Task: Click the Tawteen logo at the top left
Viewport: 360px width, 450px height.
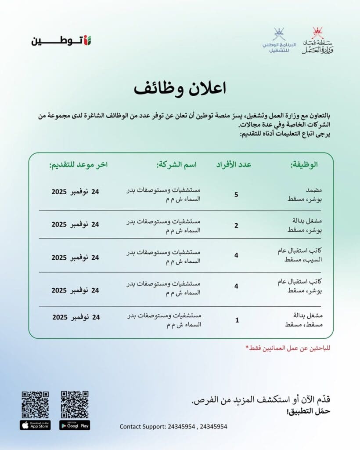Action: pos(62,41)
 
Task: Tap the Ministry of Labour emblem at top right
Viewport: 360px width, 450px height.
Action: pos(317,41)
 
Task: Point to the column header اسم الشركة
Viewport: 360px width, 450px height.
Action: pos(177,165)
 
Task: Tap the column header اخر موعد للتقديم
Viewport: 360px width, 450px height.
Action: pos(79,165)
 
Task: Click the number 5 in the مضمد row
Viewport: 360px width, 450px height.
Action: pos(236,194)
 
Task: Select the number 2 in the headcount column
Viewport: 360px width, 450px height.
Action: pos(236,225)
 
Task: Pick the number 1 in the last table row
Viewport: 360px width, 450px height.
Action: pos(237,320)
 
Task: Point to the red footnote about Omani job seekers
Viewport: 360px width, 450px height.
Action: pos(288,348)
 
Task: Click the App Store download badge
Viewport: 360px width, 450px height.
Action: pos(35,425)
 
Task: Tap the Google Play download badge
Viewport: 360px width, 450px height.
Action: pos(75,425)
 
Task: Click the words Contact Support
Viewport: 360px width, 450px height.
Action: pos(141,426)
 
